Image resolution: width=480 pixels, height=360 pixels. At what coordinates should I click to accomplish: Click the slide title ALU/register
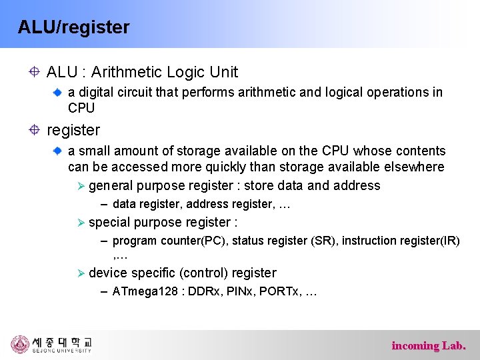73,27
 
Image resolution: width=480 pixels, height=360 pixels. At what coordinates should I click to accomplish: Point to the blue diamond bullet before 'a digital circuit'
58,93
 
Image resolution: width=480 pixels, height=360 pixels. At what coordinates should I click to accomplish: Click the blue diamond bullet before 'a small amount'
58,151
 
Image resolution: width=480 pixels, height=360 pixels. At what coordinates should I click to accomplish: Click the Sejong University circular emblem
20,344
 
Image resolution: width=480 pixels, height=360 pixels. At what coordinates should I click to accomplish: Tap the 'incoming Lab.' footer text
429,345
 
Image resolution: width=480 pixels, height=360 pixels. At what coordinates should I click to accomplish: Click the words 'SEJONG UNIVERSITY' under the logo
62,351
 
